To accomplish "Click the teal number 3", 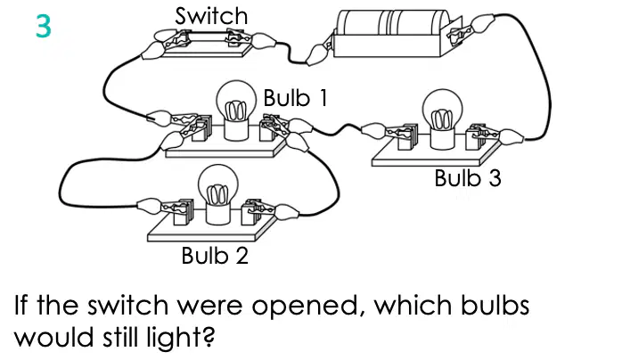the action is point(44,26).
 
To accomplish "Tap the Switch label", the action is point(211,16).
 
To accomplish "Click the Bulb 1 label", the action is point(296,97).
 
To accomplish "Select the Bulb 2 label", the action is point(215,256).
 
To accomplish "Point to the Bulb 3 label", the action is point(468,178).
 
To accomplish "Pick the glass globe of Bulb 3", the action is point(442,109).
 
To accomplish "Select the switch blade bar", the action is point(206,37).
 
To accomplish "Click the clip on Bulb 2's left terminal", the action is point(163,207).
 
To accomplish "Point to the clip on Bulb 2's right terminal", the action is point(273,209).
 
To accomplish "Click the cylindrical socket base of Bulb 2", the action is point(217,213).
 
